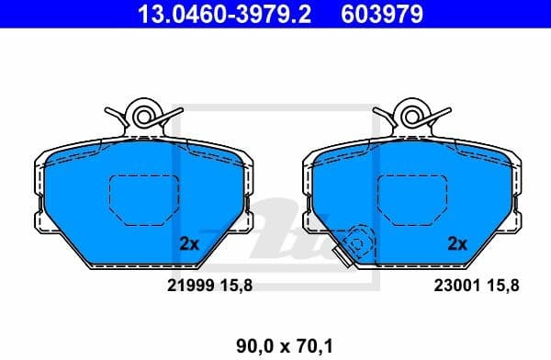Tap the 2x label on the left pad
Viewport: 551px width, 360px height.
click(189, 244)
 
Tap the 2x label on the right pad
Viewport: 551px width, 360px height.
click(456, 244)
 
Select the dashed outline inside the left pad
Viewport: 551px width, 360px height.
click(141, 199)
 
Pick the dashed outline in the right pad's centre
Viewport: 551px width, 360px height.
click(410, 199)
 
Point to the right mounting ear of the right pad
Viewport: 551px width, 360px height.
click(514, 221)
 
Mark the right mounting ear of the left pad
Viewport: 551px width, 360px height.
click(246, 221)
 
